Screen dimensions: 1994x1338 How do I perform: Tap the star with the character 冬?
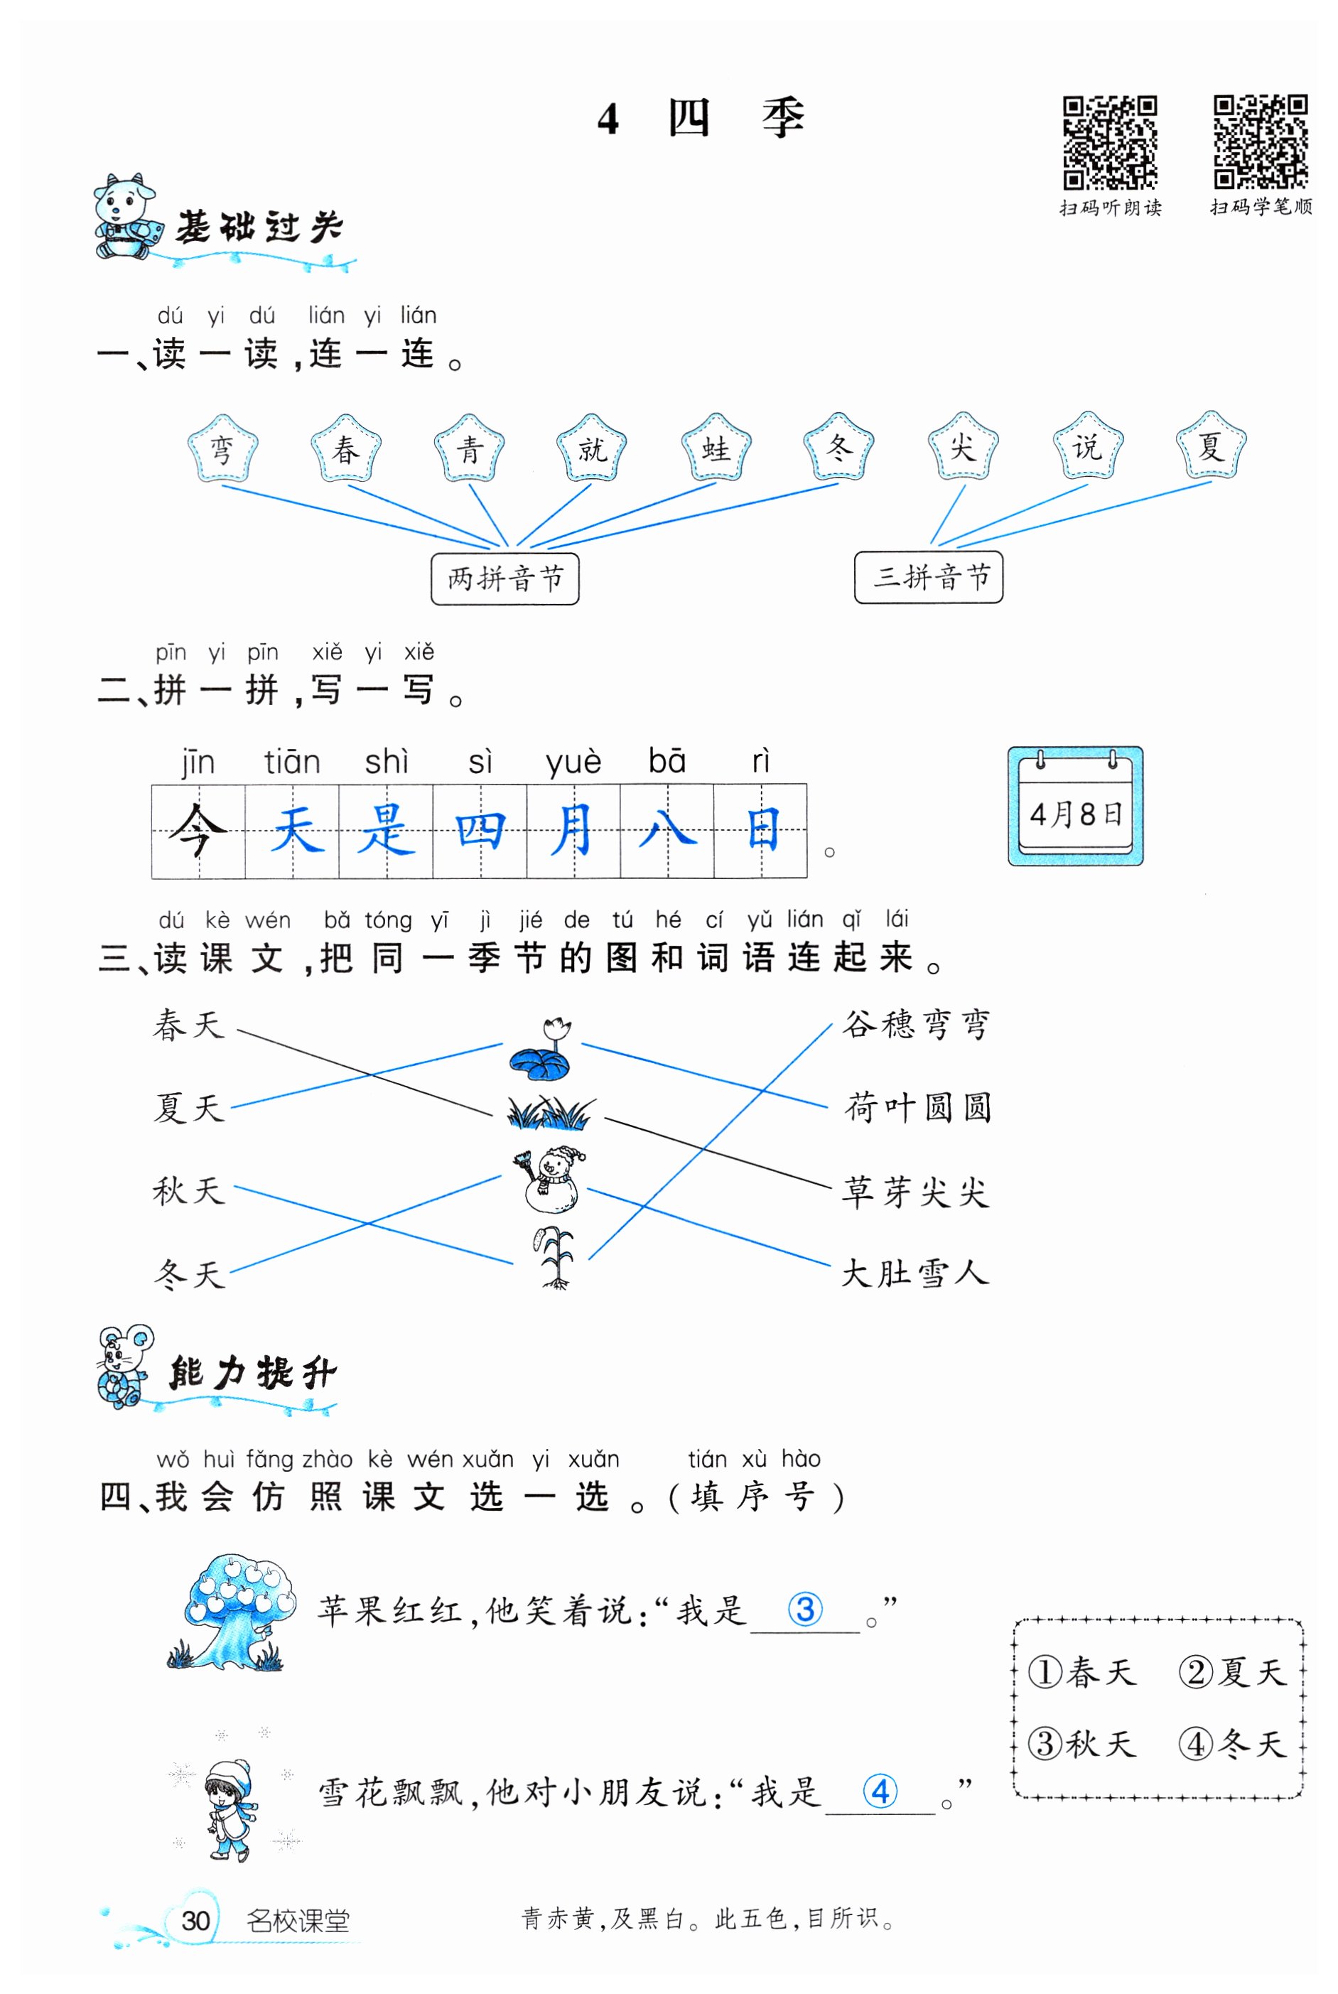point(838,447)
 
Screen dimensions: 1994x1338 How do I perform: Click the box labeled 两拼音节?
point(505,578)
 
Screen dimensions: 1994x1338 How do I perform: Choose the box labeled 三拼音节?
point(929,577)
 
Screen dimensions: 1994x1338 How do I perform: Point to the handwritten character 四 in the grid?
point(480,830)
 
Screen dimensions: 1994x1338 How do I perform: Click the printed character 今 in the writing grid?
point(198,830)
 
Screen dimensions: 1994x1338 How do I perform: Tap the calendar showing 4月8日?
point(1075,807)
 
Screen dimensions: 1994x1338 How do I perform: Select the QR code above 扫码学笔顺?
point(1261,141)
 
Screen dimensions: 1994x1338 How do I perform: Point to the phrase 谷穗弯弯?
point(917,1024)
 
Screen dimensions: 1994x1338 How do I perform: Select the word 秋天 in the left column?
point(188,1191)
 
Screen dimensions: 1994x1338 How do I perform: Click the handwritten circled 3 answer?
point(804,1610)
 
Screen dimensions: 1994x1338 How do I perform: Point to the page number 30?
point(195,1922)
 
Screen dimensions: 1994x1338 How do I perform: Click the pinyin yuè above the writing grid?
point(573,762)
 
